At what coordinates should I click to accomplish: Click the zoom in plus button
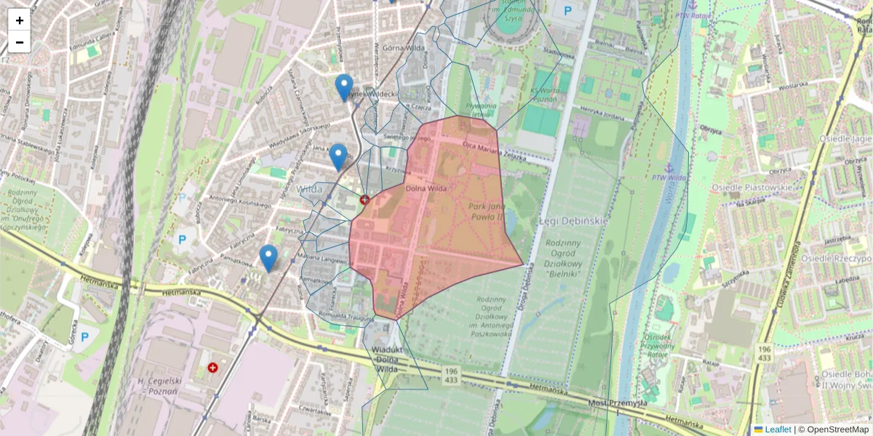click(x=20, y=20)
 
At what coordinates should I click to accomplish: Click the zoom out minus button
click(x=20, y=42)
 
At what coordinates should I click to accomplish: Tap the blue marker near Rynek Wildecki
click(x=344, y=88)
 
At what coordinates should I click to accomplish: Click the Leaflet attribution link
click(x=777, y=429)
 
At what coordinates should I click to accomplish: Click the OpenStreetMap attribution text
click(x=833, y=429)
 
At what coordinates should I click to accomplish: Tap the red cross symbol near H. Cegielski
click(x=212, y=368)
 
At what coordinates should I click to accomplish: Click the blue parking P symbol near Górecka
click(x=85, y=337)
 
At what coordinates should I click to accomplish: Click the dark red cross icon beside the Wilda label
click(x=364, y=199)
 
